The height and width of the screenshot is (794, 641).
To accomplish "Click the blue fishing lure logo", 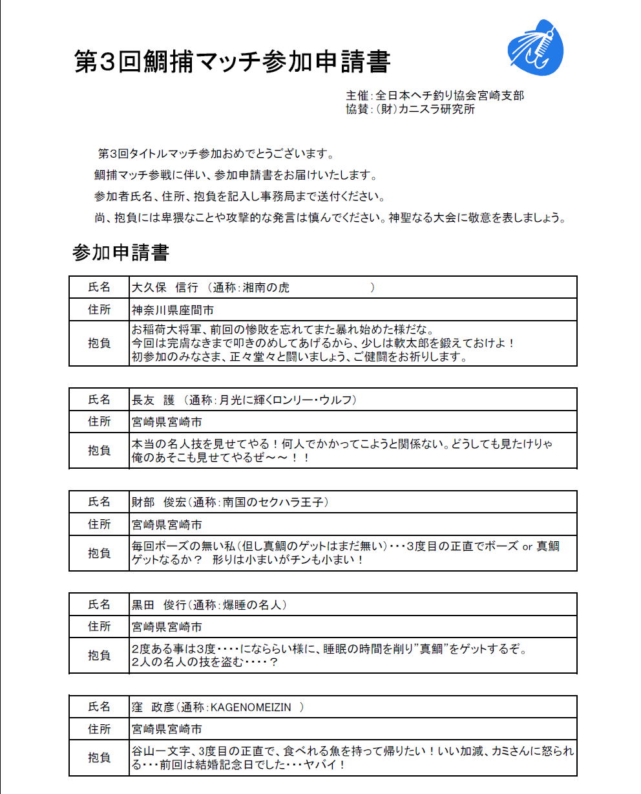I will click(x=535, y=47).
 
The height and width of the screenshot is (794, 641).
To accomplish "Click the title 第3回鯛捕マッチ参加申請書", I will click(x=233, y=62).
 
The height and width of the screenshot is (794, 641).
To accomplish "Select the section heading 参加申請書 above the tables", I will click(x=121, y=253).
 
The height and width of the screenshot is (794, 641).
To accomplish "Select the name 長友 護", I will click(x=154, y=400).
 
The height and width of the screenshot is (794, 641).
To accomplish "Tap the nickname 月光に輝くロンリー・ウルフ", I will click(x=287, y=400).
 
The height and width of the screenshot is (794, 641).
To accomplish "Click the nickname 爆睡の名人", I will click(x=252, y=605).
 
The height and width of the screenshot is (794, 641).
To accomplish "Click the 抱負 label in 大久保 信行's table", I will click(x=99, y=344).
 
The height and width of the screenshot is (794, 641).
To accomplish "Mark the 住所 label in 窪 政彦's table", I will click(x=99, y=729).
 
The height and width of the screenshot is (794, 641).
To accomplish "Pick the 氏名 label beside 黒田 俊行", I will click(x=99, y=605).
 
